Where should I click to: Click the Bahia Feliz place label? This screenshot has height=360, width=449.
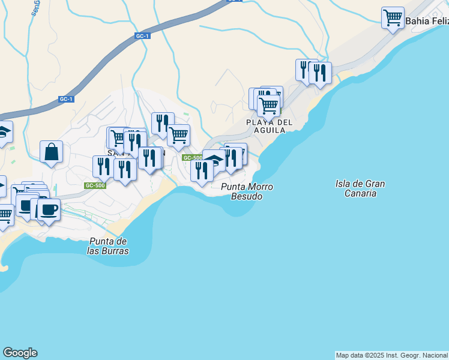[427, 21]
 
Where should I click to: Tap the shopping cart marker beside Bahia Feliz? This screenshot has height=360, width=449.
[393, 18]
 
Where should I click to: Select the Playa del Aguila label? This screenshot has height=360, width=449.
[269, 126]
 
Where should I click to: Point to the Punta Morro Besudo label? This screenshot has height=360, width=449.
[247, 191]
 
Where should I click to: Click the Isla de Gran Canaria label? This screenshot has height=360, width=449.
[360, 188]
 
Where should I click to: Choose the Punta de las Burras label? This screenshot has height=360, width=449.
[108, 246]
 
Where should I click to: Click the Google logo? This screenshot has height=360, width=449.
[20, 353]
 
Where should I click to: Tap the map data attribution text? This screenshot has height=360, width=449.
[392, 355]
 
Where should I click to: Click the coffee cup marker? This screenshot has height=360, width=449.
[49, 209]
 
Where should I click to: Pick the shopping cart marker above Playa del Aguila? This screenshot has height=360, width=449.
[268, 106]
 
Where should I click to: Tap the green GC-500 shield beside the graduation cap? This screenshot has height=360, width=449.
[192, 158]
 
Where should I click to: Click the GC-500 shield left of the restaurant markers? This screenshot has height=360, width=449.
[95, 185]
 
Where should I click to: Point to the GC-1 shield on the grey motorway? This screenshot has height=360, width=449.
[142, 37]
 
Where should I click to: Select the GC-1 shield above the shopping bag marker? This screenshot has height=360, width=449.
[66, 99]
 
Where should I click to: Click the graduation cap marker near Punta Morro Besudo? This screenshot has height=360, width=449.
[214, 160]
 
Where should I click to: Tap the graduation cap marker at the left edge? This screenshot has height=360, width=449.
[3, 132]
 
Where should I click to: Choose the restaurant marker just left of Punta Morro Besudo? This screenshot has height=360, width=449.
[202, 170]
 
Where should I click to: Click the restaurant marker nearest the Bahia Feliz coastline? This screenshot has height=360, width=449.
[320, 73]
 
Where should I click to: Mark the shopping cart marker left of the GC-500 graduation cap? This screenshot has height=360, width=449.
[178, 136]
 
